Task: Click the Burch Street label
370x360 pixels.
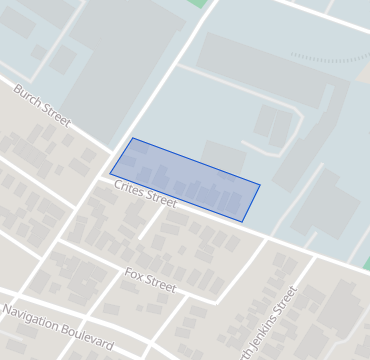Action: (x=41, y=105)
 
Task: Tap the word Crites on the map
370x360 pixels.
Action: (x=130, y=186)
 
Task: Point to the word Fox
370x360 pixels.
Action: (x=135, y=272)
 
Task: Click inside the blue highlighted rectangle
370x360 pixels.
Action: (x=185, y=180)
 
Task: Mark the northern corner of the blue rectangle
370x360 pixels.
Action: (x=133, y=138)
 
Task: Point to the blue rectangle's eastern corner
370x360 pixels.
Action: (x=260, y=184)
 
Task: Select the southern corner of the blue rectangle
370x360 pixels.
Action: (x=242, y=222)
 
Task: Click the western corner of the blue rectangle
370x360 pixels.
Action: (x=110, y=174)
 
